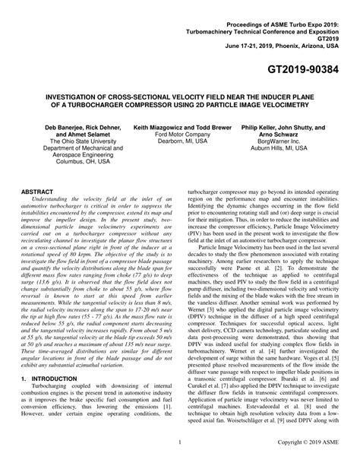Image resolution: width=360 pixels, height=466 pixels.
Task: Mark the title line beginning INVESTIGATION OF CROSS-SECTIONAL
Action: (180, 100)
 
